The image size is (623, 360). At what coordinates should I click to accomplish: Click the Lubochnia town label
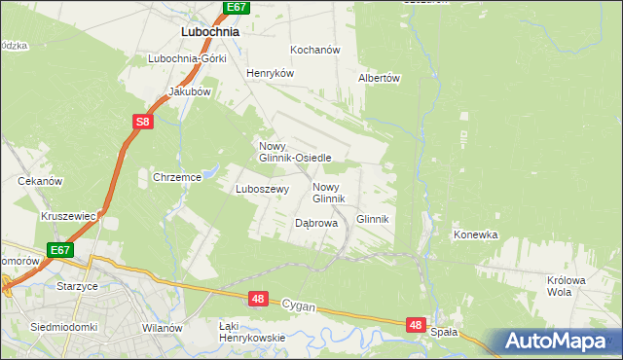[x=210, y=31]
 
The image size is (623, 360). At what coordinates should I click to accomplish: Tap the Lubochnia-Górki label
[x=187, y=58]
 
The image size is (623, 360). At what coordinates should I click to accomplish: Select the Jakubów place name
[x=190, y=91]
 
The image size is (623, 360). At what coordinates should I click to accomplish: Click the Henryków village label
[x=270, y=73]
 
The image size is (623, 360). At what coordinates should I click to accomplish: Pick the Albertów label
[x=380, y=78]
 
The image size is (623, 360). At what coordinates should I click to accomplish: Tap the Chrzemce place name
[x=176, y=177]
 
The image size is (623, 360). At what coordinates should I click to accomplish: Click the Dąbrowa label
[x=315, y=223]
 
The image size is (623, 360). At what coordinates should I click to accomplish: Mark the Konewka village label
[x=475, y=234]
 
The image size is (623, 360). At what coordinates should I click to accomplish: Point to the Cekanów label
[x=40, y=181]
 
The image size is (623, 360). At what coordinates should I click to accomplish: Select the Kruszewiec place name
[x=66, y=215]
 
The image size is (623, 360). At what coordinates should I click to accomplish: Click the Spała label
[x=443, y=332]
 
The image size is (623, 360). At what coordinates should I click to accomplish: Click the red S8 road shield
[x=143, y=122]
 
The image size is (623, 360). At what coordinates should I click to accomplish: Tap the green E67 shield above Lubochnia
[x=237, y=7]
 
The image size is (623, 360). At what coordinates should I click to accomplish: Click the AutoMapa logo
[x=557, y=342]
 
